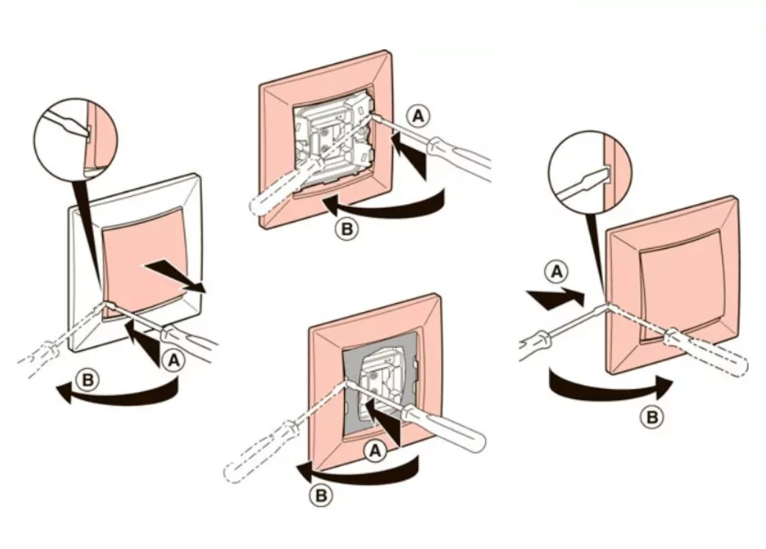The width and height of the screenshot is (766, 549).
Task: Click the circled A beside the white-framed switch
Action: click(174, 361)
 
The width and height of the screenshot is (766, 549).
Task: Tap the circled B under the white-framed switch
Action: click(88, 380)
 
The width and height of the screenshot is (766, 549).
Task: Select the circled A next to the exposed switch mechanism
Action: click(418, 116)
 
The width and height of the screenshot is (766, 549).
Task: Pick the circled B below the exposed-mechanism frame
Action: click(347, 229)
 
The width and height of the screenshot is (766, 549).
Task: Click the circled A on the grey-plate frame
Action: click(375, 451)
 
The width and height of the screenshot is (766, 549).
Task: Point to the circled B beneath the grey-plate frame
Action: click(321, 495)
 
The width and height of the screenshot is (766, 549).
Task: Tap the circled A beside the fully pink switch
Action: click(556, 272)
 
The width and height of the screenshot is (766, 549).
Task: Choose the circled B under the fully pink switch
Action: click(652, 417)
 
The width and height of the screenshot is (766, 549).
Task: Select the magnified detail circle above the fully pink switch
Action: click(590, 172)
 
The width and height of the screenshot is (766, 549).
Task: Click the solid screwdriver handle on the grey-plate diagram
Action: click(442, 429)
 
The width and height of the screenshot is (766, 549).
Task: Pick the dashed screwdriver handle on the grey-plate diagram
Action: click(259, 453)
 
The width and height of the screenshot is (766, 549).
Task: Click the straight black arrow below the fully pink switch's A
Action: click(555, 297)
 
